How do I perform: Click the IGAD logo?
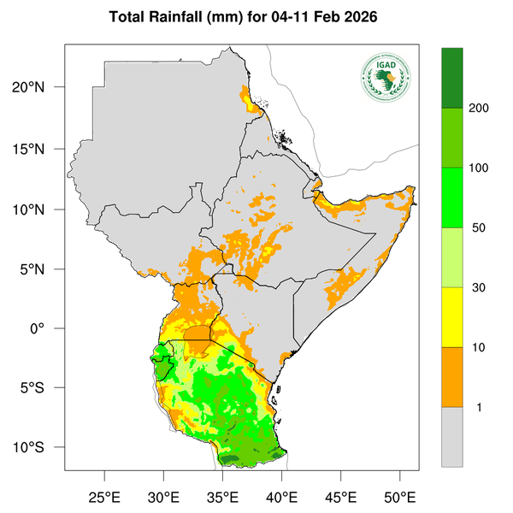click(386, 77)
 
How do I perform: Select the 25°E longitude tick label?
click(104, 497)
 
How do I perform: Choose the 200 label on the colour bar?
click(479, 109)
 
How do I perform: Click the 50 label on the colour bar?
click(476, 228)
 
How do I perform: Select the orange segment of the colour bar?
click(452, 376)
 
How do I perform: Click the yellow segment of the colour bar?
click(452, 316)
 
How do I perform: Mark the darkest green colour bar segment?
click(452, 78)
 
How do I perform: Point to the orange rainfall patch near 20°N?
click(251, 100)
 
